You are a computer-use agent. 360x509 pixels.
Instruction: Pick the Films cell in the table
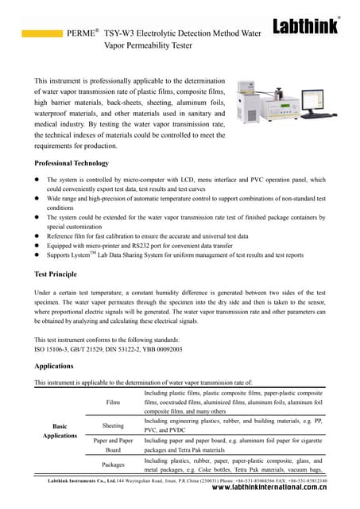(x=113, y=402)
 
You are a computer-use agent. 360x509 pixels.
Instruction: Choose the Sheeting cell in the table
(x=113, y=425)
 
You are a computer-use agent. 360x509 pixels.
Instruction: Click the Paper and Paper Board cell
(x=113, y=444)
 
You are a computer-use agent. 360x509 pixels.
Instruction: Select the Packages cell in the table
(x=113, y=464)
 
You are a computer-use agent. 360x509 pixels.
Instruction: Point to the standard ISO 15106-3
(x=55, y=349)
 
